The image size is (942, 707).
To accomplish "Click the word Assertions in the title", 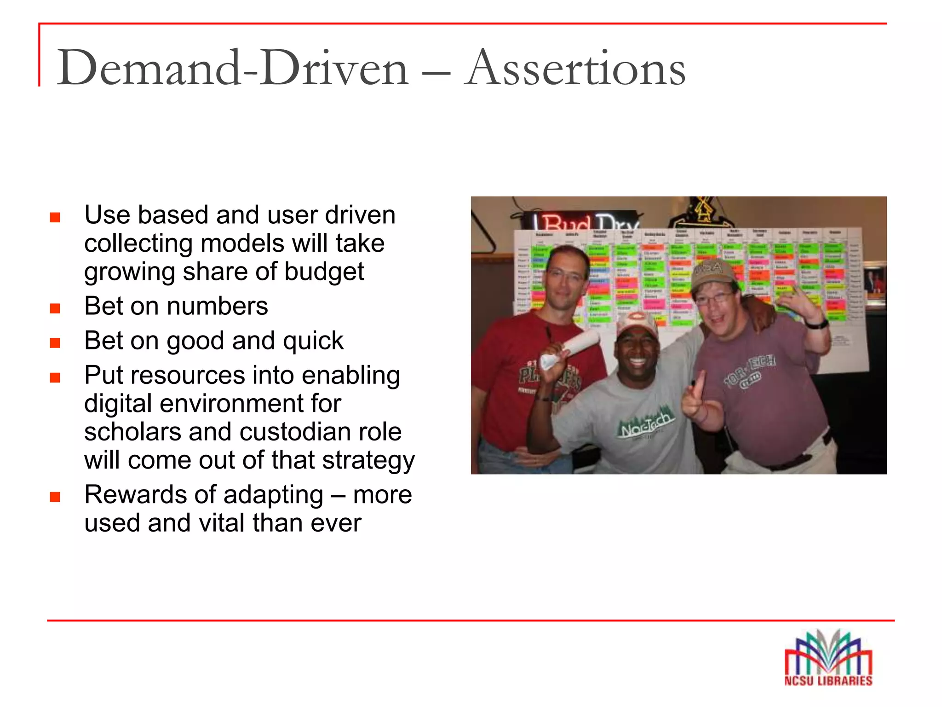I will (x=575, y=69).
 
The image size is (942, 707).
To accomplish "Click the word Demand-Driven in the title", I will (x=232, y=69).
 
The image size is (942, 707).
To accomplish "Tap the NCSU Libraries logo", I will (x=828, y=658).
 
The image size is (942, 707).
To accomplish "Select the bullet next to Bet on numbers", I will (x=55, y=308).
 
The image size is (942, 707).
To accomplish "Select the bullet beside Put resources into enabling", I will (x=55, y=377).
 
